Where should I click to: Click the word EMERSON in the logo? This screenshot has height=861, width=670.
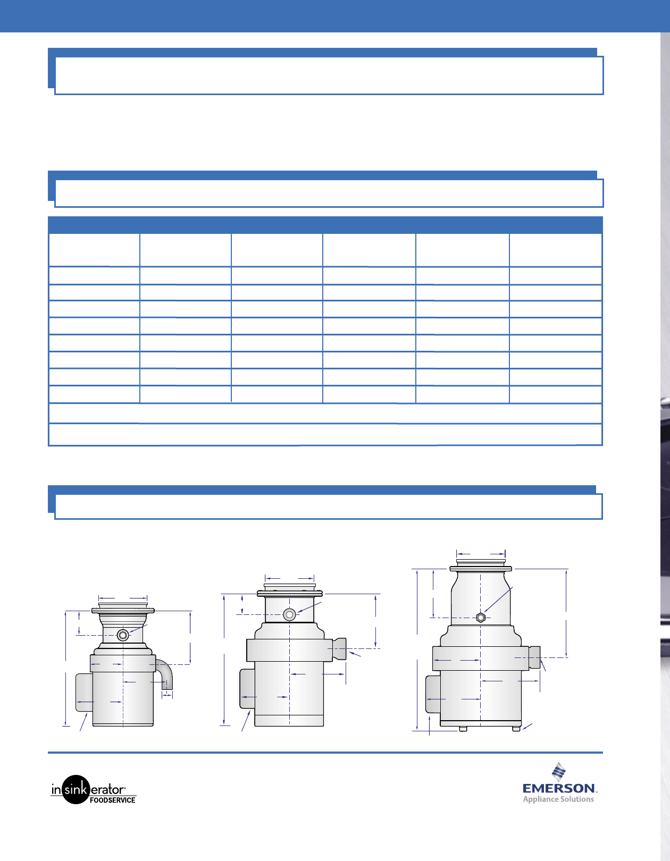tap(559, 789)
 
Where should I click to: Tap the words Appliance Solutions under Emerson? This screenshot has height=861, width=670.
tap(558, 799)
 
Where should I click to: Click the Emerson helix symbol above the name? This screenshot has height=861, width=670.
tap(559, 772)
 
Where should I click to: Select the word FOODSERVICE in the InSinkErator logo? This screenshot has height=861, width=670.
tap(113, 800)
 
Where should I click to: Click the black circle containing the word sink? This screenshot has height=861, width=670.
tap(76, 789)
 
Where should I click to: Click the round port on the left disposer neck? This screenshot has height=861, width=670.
tap(123, 635)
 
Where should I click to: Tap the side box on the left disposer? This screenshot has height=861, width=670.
tap(84, 692)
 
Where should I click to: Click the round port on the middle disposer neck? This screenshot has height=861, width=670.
tap(289, 614)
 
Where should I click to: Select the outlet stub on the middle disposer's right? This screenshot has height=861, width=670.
tap(339, 648)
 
